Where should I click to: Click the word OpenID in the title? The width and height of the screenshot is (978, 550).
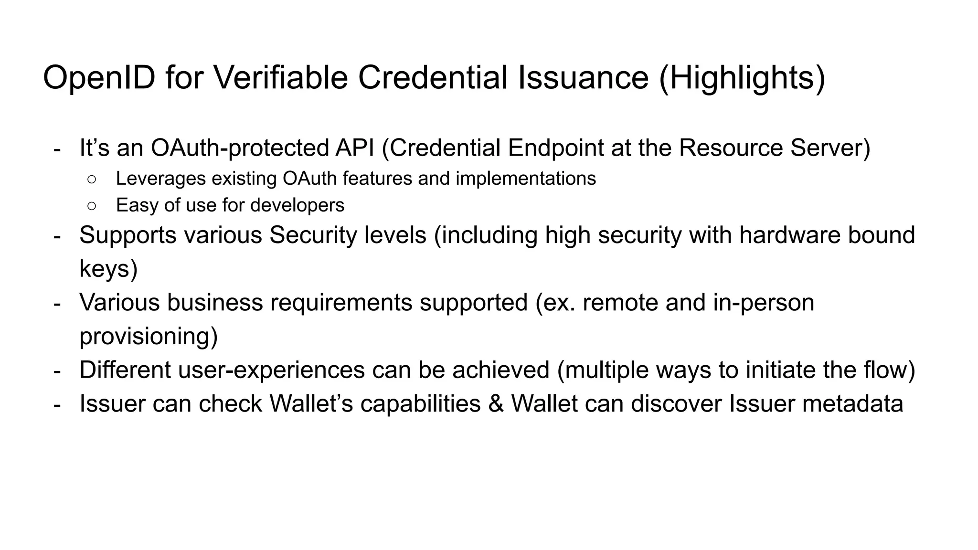(x=99, y=78)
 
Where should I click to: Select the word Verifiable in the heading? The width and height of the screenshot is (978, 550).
(x=280, y=78)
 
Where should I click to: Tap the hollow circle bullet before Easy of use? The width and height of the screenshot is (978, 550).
(x=92, y=206)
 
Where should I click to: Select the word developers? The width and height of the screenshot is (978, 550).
(x=297, y=205)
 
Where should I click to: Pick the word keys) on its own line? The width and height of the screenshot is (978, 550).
(x=108, y=268)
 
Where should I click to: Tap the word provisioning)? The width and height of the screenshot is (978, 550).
(x=149, y=336)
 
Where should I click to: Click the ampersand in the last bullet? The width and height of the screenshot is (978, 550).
(x=496, y=403)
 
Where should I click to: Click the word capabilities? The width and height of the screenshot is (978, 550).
(x=420, y=403)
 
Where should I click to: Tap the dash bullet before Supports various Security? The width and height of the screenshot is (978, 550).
(x=57, y=236)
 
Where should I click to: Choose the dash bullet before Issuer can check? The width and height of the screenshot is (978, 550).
(x=57, y=404)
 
